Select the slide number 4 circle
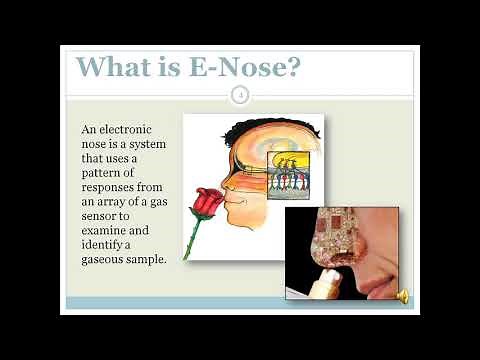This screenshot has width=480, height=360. (240, 95)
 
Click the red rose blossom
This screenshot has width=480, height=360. (206, 204)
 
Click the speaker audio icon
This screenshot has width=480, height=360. (403, 295)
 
